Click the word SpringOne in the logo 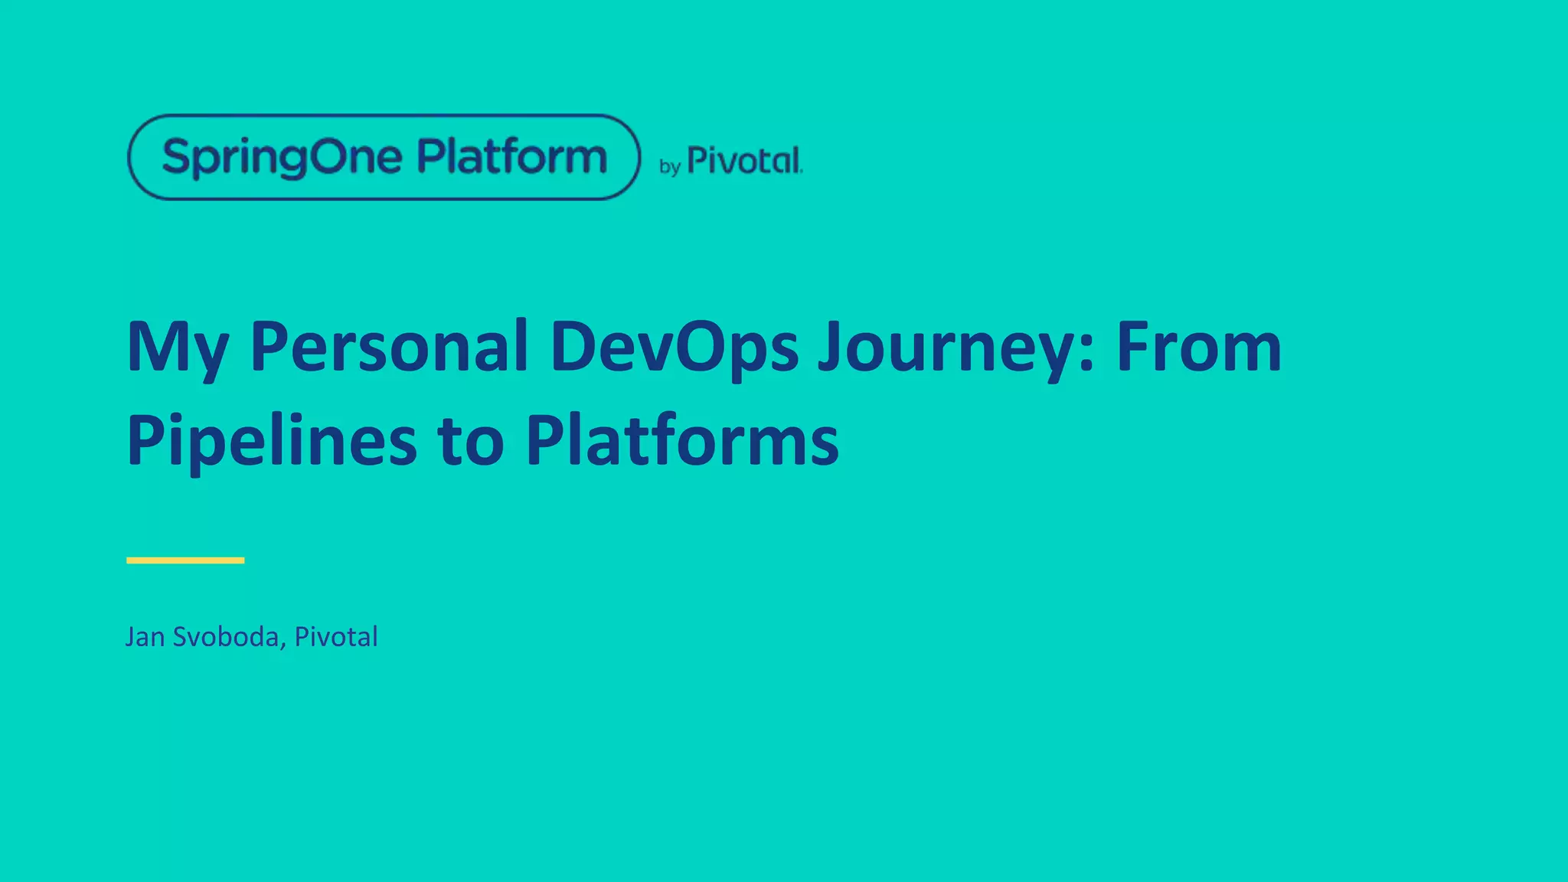click(x=282, y=158)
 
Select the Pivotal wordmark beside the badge click(x=744, y=161)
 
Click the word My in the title click(x=178, y=349)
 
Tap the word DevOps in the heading click(x=675, y=348)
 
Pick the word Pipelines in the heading click(x=272, y=441)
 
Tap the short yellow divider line click(x=185, y=560)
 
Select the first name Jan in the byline click(x=145, y=637)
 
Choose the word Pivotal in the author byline click(x=336, y=636)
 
